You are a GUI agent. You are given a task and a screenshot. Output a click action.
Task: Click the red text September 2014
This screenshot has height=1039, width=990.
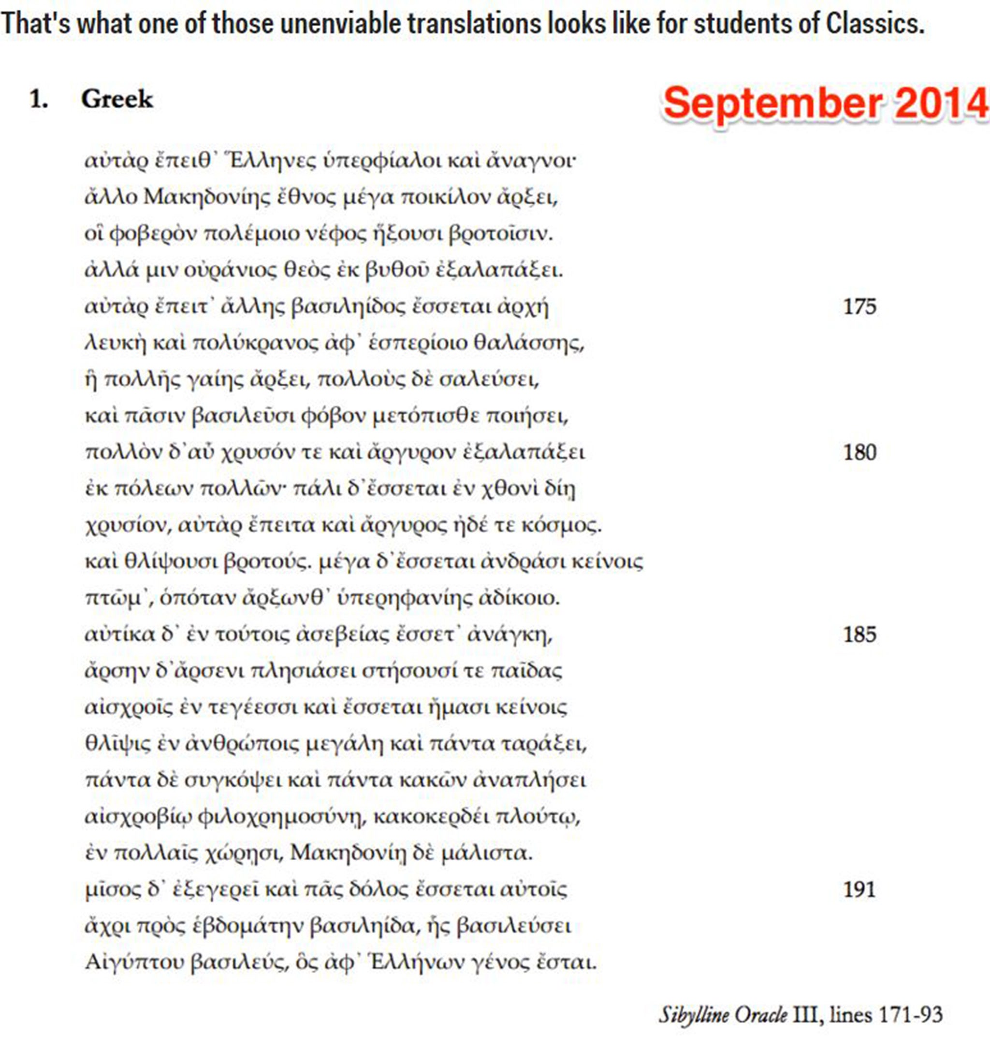coord(825,102)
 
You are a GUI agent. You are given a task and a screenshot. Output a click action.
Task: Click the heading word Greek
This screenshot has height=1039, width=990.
coord(116,99)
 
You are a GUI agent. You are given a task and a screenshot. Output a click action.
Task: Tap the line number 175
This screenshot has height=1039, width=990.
coord(859,306)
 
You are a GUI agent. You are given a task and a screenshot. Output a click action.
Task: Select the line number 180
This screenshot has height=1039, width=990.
coord(859,452)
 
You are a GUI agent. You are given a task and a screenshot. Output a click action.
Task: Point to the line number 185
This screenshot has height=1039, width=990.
coord(859,634)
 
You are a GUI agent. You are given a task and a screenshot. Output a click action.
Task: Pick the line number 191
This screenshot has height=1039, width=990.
coord(859,890)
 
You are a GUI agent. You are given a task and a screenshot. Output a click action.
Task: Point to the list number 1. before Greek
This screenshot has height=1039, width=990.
coord(39,99)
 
